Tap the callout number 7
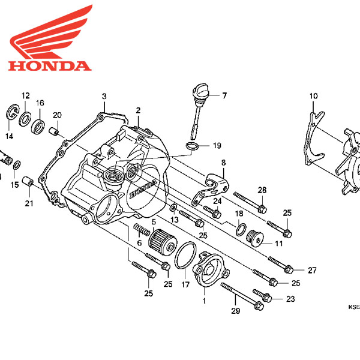[x=224, y=95]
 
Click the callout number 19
[x=217, y=145]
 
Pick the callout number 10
[x=313, y=96]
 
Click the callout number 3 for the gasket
[x=104, y=97]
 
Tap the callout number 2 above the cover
[x=137, y=110]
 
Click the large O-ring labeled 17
[x=185, y=257]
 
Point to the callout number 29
[x=235, y=311]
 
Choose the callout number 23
[x=290, y=299]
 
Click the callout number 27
[x=311, y=271]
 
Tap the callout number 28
[x=262, y=190]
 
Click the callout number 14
[x=9, y=136]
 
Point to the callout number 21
[x=28, y=203]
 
